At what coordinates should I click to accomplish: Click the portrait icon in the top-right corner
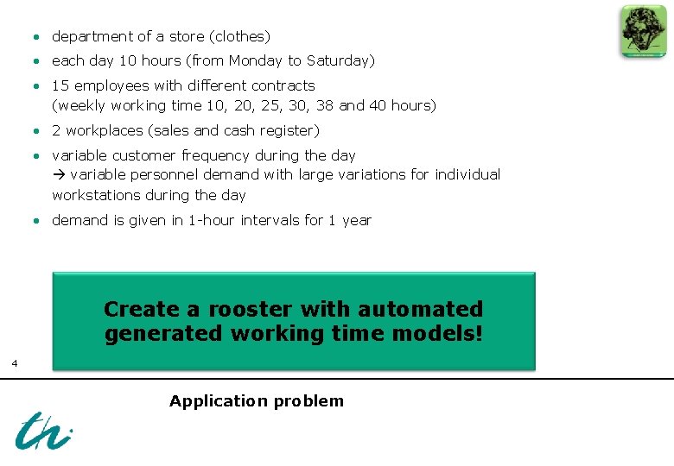coord(643,31)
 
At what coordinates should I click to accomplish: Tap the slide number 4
coord(15,363)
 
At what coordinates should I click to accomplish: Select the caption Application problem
coord(257,401)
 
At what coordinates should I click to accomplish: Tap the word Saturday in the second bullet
coord(338,60)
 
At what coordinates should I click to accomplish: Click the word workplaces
coord(103,130)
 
